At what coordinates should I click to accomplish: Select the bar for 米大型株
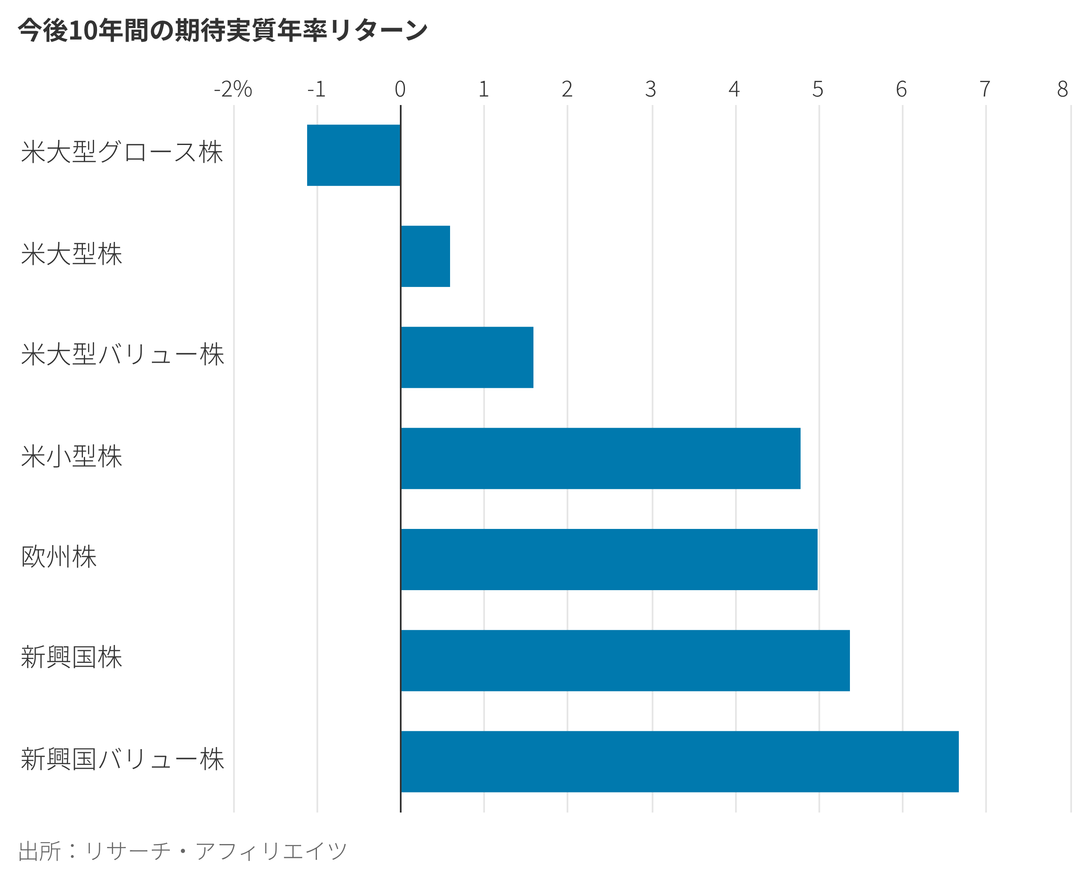425,256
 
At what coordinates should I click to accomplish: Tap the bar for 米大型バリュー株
467,358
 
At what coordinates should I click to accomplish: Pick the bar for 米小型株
600,459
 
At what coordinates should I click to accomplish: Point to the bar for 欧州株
609,560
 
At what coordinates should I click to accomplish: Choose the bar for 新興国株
625,661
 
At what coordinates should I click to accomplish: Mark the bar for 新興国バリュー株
679,762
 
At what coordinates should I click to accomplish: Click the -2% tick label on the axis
233,90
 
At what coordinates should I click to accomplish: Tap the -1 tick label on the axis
316,90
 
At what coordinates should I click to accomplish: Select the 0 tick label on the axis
400,90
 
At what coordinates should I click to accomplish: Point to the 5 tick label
818,90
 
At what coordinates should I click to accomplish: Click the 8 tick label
1063,90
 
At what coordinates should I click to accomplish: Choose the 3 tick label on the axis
651,90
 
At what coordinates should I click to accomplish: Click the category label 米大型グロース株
122,152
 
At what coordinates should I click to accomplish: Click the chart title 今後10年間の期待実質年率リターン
222,30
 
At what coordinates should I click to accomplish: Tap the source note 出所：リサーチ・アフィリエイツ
182,851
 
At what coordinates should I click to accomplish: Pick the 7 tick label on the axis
985,90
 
